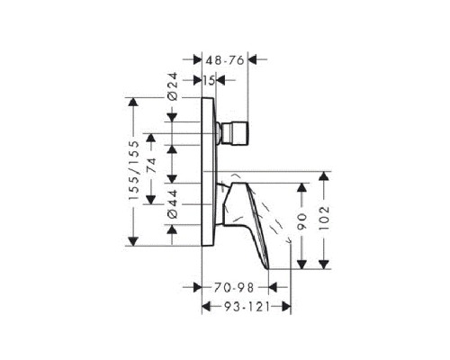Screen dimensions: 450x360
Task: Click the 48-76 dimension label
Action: point(225,60)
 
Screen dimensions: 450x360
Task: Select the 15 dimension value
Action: point(209,80)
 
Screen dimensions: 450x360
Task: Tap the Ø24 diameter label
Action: point(173,86)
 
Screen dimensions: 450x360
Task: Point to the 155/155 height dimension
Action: point(134,170)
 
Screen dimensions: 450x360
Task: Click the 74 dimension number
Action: point(151,166)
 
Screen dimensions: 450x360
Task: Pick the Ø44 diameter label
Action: point(173,204)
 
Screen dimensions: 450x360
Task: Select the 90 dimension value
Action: point(301,221)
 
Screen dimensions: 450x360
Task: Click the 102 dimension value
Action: point(324,218)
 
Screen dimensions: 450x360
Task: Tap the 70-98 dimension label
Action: point(234,288)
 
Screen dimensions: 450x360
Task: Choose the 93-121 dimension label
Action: point(247,307)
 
